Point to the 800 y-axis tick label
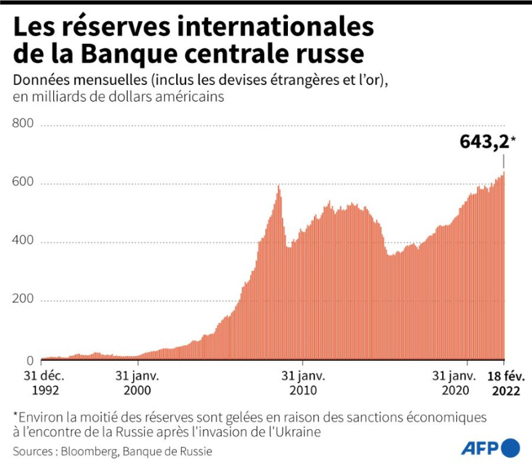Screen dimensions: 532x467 23,123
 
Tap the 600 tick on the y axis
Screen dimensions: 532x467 23,181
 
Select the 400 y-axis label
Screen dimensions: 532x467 23,240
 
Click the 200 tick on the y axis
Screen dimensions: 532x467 23,298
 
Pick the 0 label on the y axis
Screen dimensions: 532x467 30,361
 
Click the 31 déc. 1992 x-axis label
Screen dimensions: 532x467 45,383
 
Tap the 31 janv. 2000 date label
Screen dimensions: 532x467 137,383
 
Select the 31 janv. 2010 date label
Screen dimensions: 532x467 303,383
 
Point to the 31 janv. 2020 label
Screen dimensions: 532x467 455,383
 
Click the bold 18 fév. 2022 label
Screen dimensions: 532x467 506,384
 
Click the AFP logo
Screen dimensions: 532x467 490,448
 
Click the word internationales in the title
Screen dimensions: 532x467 275,27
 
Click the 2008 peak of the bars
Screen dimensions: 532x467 278,186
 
